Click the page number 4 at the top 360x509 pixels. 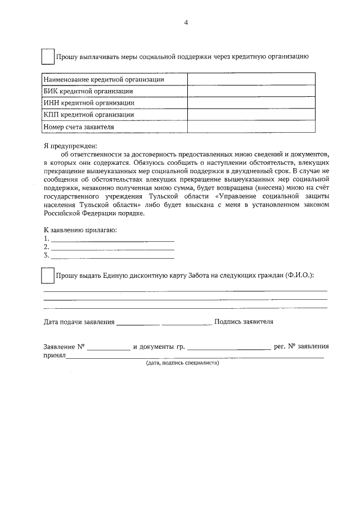[x=185, y=22]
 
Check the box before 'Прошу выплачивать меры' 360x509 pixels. [x=48, y=57]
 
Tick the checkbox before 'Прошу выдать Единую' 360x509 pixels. [x=48, y=276]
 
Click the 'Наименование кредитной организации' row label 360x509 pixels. [x=104, y=80]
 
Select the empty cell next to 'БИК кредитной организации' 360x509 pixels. [x=251, y=91]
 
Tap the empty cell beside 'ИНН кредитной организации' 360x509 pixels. [x=251, y=102]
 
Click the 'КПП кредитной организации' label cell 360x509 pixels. [x=89, y=115]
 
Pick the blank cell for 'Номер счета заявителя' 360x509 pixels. [x=251, y=127]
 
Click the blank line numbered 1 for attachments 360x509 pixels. [x=112, y=240]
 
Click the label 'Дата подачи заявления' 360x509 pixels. [x=79, y=322]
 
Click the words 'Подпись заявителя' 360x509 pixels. [x=244, y=322]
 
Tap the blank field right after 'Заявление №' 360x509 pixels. [x=108, y=348]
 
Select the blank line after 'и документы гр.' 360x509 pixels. [x=229, y=348]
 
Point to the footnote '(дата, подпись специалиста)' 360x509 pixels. [x=182, y=363]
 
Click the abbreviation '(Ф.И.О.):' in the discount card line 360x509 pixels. [x=299, y=276]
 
